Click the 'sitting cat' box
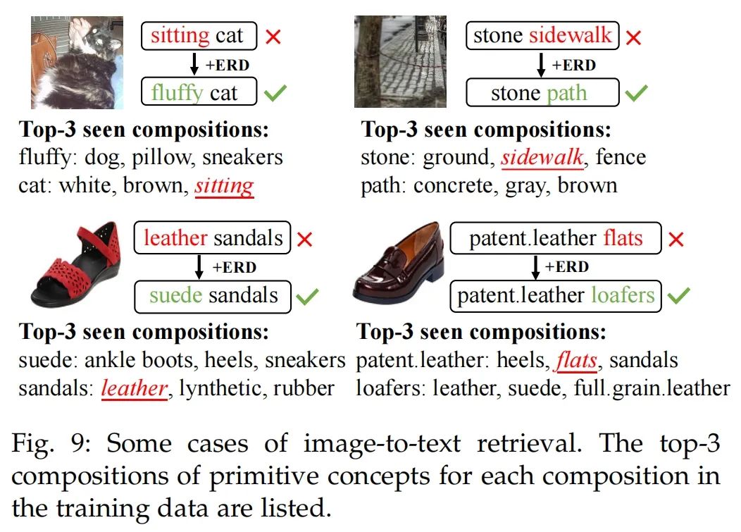tap(199, 36)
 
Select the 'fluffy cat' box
tap(199, 92)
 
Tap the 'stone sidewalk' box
tap(542, 36)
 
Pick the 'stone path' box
tap(542, 93)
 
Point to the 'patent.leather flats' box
tap(556, 238)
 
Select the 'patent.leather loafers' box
tap(556, 295)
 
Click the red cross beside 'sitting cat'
tap(273, 37)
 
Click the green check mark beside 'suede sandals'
tap(308, 296)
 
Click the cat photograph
tap(77, 62)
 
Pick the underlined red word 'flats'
tap(576, 361)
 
